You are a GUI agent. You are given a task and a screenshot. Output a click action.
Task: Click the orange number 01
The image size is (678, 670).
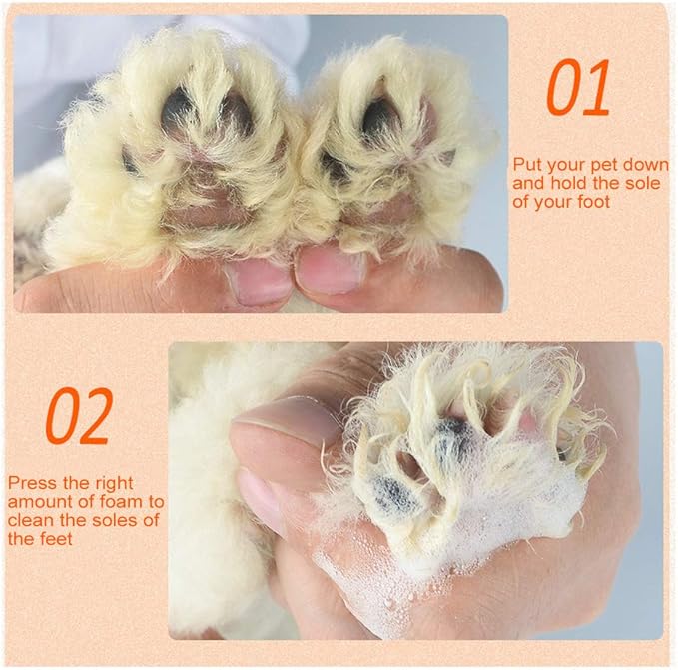(x=578, y=87)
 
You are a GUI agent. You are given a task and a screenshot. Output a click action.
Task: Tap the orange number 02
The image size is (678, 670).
(x=79, y=415)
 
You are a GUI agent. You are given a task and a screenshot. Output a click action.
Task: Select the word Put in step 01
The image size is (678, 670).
(x=526, y=165)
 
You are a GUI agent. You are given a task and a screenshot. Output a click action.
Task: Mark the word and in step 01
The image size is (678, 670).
(x=529, y=183)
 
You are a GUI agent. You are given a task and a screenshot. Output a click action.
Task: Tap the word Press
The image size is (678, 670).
(x=32, y=483)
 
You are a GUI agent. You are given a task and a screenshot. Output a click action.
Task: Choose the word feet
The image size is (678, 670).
(x=54, y=539)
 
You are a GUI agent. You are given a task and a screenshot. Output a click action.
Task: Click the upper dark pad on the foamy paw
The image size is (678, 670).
(x=453, y=435)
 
